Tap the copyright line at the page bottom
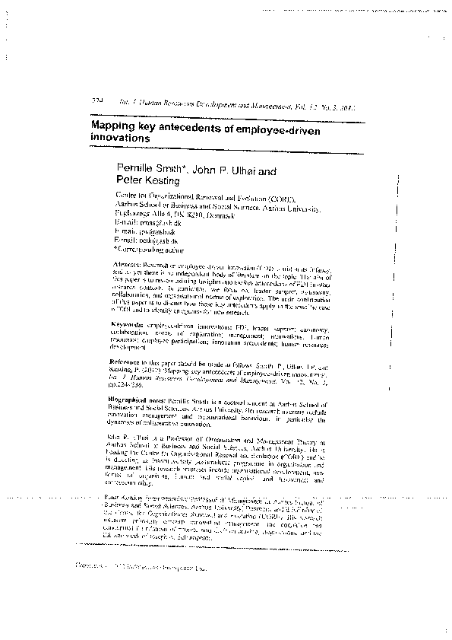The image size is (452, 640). (x=141, y=567)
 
